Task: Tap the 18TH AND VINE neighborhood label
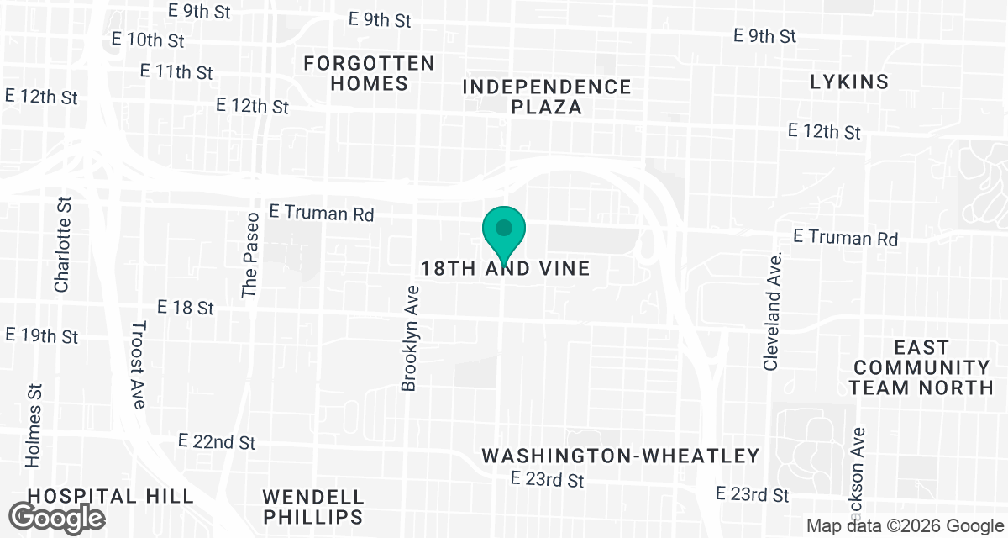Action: pos(506,268)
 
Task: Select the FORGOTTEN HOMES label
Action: pos(370,73)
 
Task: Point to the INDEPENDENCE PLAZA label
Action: pos(547,97)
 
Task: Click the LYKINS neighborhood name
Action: pos(849,82)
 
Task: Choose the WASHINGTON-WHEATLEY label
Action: pos(621,456)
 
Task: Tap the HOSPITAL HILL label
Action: pos(111,495)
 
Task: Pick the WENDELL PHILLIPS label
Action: pos(313,506)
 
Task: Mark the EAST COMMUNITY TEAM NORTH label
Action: pos(921,367)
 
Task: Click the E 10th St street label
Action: pos(148,40)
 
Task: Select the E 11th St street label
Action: pos(176,71)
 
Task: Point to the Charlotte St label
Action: pos(62,245)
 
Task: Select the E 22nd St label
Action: pos(217,441)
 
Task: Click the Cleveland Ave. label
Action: pos(773,310)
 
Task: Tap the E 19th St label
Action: pos(42,335)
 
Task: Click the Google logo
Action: pos(57,517)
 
